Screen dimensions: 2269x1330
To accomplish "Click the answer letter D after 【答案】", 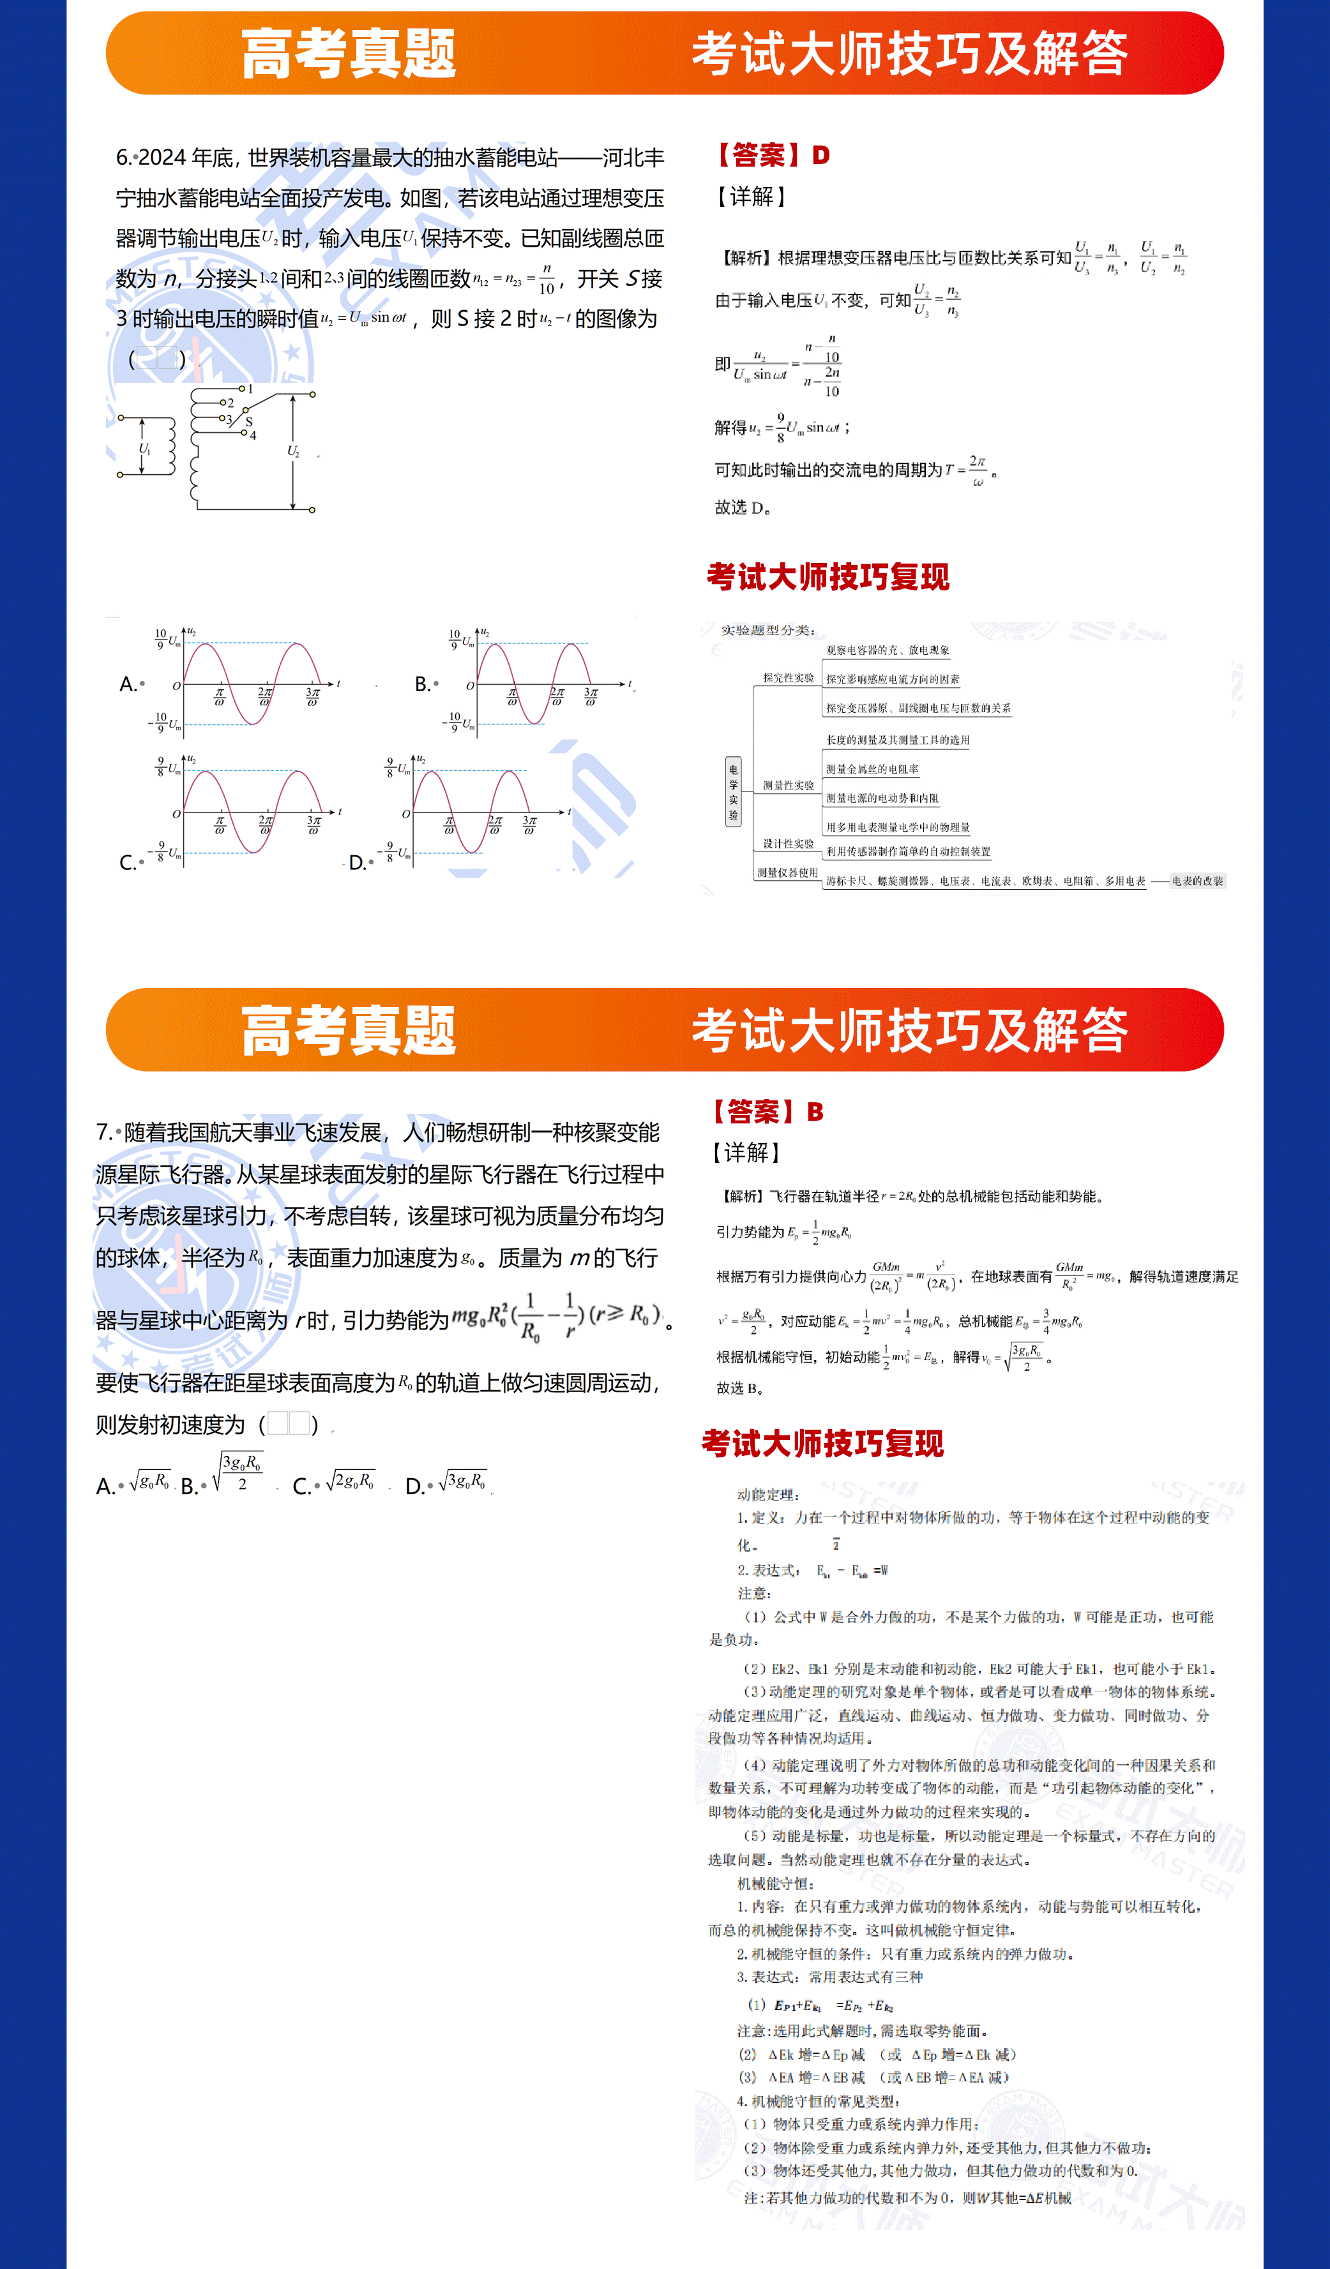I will pos(820,155).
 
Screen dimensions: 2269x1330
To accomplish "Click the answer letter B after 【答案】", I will pos(815,1112).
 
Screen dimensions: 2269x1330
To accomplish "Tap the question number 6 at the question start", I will pos(123,158).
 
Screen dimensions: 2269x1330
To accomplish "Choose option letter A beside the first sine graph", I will pos(127,684).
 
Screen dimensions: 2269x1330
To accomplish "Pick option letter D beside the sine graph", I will pos(356,862).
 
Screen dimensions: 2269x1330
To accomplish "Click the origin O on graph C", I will pos(176,814).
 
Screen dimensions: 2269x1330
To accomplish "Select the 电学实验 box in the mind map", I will pos(733,791).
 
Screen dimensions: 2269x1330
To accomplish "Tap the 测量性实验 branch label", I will pos(788,785).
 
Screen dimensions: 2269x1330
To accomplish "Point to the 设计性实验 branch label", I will pos(788,844).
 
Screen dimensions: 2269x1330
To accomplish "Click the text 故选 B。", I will pos(739,1388).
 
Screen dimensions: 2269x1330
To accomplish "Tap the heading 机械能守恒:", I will pos(775,1883).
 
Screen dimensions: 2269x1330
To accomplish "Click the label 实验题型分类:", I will pos(768,631).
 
